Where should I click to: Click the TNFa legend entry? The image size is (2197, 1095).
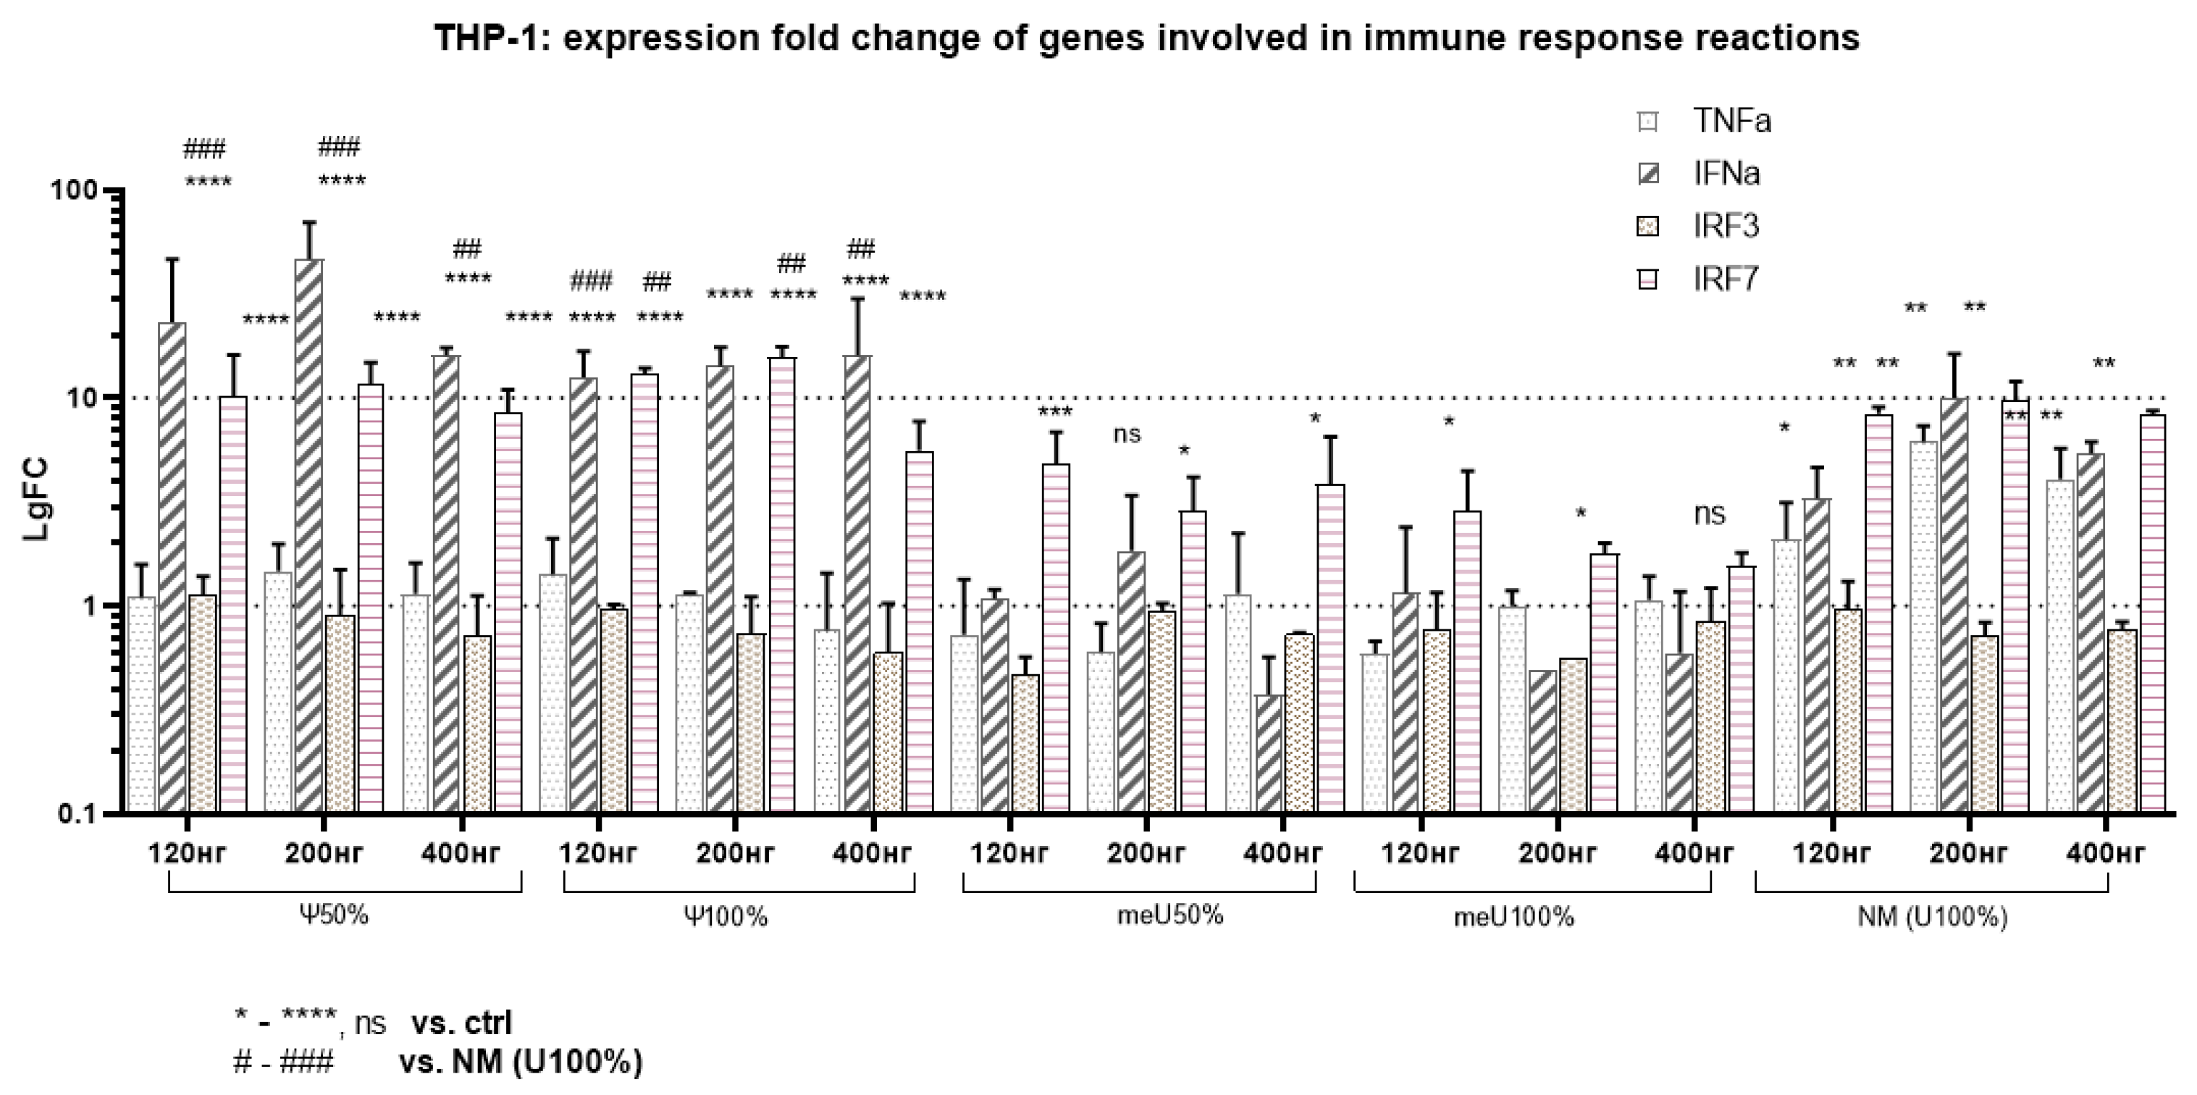pyautogui.click(x=1731, y=121)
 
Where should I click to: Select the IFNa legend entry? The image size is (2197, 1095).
pyautogui.click(x=1726, y=174)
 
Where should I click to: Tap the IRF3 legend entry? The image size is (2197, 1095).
pyautogui.click(x=1726, y=226)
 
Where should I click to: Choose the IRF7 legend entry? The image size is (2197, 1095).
pyautogui.click(x=1726, y=279)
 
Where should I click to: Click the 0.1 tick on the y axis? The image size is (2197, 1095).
pyautogui.click(x=77, y=813)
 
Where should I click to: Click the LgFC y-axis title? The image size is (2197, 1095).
pyautogui.click(x=35, y=500)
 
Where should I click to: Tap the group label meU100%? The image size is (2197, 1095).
pyautogui.click(x=1514, y=918)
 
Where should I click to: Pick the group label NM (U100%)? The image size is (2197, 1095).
pyautogui.click(x=1933, y=918)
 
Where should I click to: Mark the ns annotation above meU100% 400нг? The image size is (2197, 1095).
pyautogui.click(x=1709, y=513)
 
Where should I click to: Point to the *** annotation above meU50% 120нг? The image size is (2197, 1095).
pyautogui.click(x=1055, y=413)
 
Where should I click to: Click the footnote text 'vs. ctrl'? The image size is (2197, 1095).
pyautogui.click(x=461, y=1023)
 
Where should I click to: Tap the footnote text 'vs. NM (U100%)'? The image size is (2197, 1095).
pyautogui.click(x=520, y=1062)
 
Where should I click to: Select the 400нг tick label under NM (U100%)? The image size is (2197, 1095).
pyautogui.click(x=2105, y=853)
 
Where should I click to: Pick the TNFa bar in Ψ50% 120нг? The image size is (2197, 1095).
pyautogui.click(x=142, y=703)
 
